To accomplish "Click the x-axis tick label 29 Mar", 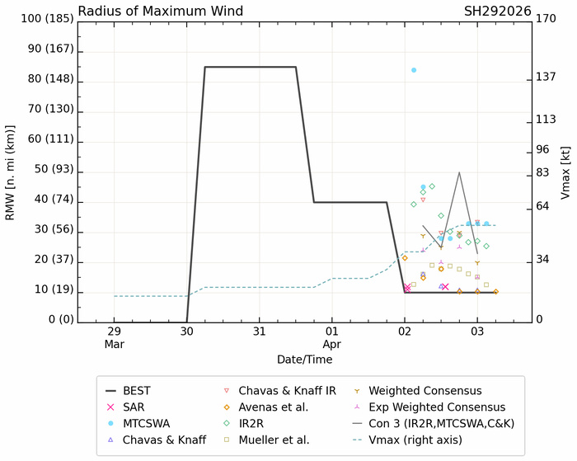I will (115, 337).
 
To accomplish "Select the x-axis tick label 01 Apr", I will (332, 337).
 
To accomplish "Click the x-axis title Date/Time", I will (304, 360).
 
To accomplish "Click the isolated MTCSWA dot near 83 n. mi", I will (414, 70).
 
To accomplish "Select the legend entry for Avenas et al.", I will (275, 407).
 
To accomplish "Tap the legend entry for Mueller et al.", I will (275, 440).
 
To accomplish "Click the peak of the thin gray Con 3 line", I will (459, 172).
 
